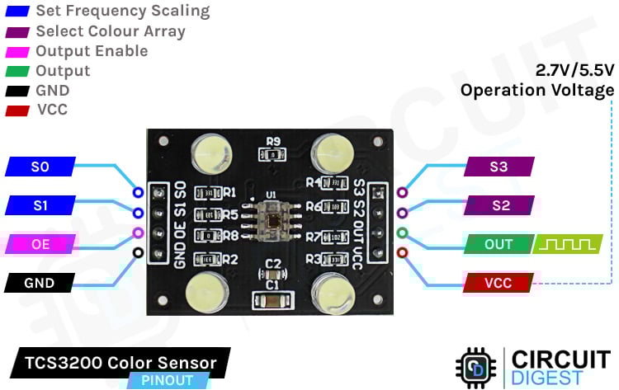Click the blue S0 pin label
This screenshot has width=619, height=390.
click(40, 167)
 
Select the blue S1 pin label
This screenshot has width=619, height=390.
click(40, 204)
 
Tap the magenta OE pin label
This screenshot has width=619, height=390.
click(40, 244)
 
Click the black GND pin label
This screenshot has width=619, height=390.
click(40, 283)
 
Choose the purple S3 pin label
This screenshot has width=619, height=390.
click(499, 167)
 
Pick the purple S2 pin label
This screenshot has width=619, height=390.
click(499, 204)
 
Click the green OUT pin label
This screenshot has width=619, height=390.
click(499, 244)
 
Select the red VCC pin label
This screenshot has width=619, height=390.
click(499, 283)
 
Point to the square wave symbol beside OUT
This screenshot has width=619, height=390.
click(564, 244)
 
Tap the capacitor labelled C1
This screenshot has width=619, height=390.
click(272, 302)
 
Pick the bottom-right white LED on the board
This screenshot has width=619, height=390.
click(333, 293)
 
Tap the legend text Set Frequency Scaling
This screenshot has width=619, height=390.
click(123, 12)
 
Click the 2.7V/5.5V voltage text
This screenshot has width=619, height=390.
click(574, 70)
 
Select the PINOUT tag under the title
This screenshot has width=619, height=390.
click(167, 380)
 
